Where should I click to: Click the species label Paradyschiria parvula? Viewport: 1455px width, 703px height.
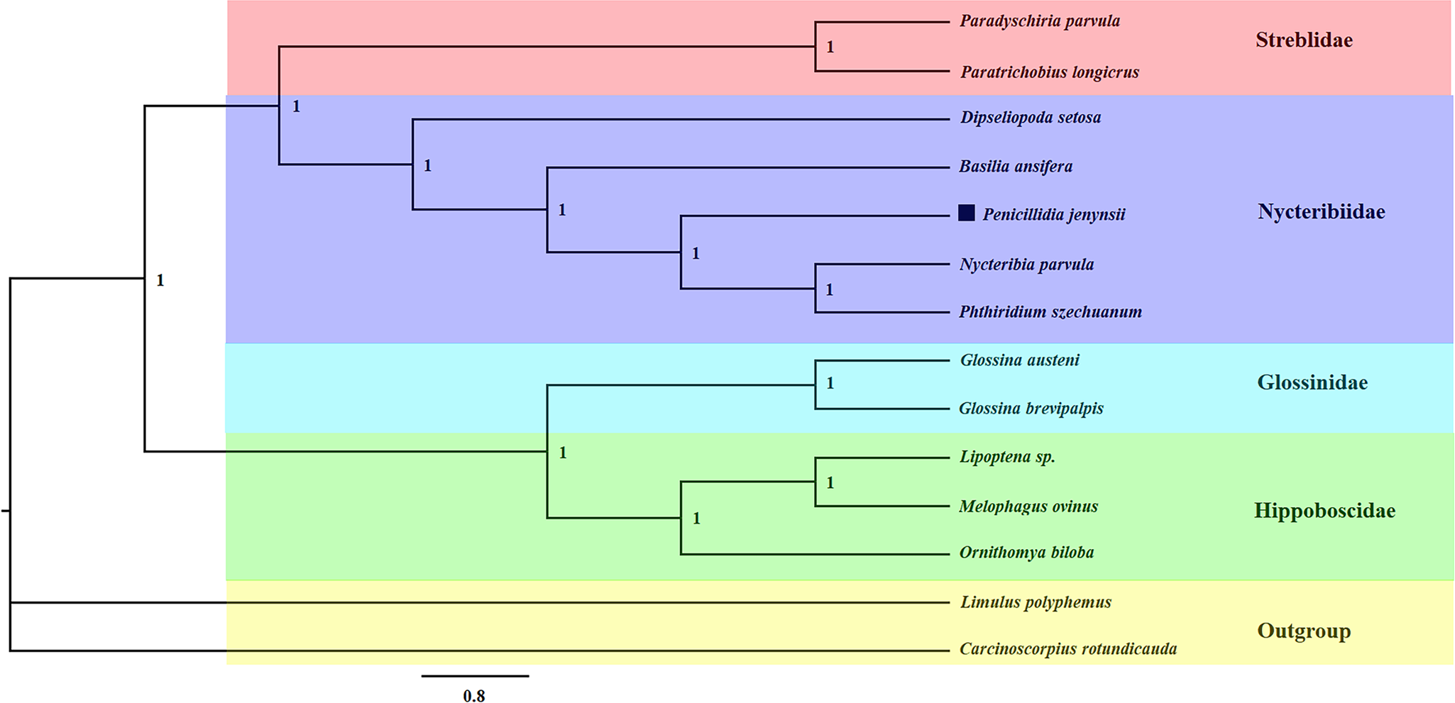coord(1039,21)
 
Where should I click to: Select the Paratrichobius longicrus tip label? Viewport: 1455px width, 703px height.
coord(1049,72)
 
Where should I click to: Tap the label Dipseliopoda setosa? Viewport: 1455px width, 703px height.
coord(1030,118)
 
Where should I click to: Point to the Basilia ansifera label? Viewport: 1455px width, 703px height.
coord(1015,167)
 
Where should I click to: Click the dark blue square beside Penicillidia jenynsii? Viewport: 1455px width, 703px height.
coord(966,214)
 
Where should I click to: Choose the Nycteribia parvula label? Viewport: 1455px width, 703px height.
coord(1026,265)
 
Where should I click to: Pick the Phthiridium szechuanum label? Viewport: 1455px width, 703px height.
coord(1050,312)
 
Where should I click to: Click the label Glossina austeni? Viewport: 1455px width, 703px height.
coord(1019,360)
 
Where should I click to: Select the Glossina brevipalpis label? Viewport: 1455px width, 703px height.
coord(1031,409)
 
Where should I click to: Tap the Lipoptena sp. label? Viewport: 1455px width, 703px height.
coord(1006,457)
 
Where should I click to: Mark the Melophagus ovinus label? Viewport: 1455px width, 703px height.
coord(1028,507)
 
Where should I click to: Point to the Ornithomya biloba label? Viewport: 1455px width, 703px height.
coord(1026,553)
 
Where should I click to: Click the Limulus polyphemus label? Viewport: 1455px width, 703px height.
coord(1035,602)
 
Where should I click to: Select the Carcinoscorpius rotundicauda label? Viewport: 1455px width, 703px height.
coord(1067,649)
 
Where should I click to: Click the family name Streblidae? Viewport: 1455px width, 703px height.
coord(1303,40)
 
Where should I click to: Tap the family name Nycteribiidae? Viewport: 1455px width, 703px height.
coord(1321,212)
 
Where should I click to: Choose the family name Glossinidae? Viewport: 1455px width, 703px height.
coord(1312,383)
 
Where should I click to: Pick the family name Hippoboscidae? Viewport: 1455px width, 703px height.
coord(1324,511)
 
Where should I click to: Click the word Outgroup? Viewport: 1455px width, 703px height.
coord(1303,631)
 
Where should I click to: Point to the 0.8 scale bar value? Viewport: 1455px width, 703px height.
coord(474,696)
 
